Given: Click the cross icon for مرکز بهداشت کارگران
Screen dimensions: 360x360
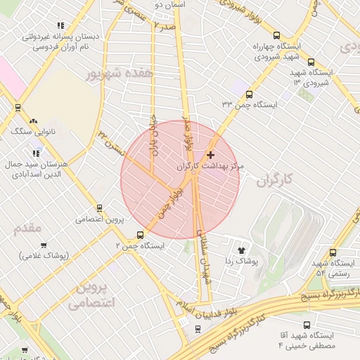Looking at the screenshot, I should [x=210, y=155].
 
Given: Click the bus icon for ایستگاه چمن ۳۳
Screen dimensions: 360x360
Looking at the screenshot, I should [x=249, y=94].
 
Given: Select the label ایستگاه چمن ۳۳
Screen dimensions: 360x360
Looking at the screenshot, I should [x=250, y=105].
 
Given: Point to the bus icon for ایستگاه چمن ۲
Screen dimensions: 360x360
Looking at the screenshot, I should [x=141, y=236].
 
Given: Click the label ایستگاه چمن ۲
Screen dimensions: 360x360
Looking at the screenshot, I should [x=140, y=246].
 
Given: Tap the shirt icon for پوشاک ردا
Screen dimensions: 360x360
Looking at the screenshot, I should [x=242, y=250].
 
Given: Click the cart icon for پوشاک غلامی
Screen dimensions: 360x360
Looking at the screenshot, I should [x=44, y=245].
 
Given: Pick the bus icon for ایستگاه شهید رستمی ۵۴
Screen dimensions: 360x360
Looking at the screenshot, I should [x=333, y=252].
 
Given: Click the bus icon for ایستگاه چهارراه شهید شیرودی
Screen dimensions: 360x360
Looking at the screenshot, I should [x=276, y=35].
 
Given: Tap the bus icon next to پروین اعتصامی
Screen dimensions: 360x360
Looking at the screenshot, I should [x=98, y=208].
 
